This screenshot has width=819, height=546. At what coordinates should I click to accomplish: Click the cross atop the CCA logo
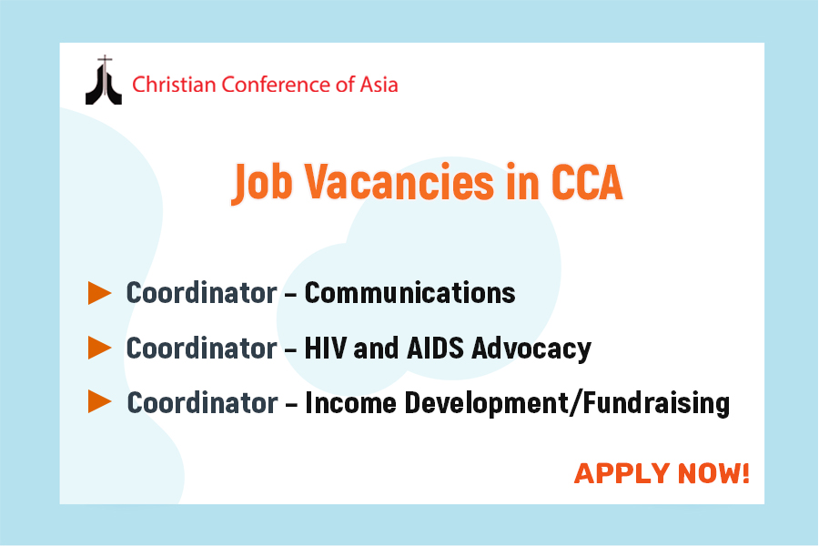tap(105, 61)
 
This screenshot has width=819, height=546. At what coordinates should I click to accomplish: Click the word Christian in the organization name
tap(174, 85)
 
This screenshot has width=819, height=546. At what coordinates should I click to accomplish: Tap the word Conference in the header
tap(277, 85)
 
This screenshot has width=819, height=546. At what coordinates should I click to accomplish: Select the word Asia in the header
tap(379, 85)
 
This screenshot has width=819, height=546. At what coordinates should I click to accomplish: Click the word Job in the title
tap(262, 183)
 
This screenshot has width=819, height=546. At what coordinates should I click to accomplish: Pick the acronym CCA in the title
tap(587, 182)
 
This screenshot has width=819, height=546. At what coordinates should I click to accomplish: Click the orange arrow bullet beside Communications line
tap(100, 293)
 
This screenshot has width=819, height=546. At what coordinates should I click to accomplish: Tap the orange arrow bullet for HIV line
tap(100, 348)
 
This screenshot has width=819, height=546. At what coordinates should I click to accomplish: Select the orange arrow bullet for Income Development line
tap(100, 402)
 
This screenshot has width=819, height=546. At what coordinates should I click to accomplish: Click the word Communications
tap(410, 293)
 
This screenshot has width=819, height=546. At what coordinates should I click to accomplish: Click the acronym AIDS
tap(435, 348)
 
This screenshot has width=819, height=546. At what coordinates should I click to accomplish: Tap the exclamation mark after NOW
tap(745, 473)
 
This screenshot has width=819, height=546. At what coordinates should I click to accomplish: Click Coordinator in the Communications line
tap(202, 293)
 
